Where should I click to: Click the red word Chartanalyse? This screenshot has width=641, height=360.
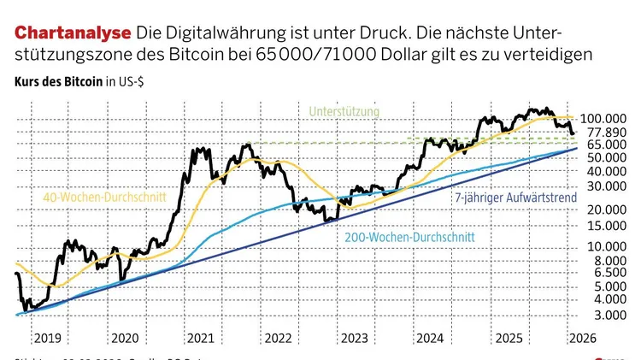(72, 33)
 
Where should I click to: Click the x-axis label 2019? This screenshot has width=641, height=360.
(46, 338)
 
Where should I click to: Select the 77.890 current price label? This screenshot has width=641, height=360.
(599, 132)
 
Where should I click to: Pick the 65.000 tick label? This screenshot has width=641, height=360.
(599, 145)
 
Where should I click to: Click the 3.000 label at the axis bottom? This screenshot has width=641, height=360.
(602, 314)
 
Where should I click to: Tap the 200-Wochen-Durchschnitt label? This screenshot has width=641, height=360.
(408, 237)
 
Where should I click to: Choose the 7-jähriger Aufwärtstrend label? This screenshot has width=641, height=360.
(514, 197)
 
